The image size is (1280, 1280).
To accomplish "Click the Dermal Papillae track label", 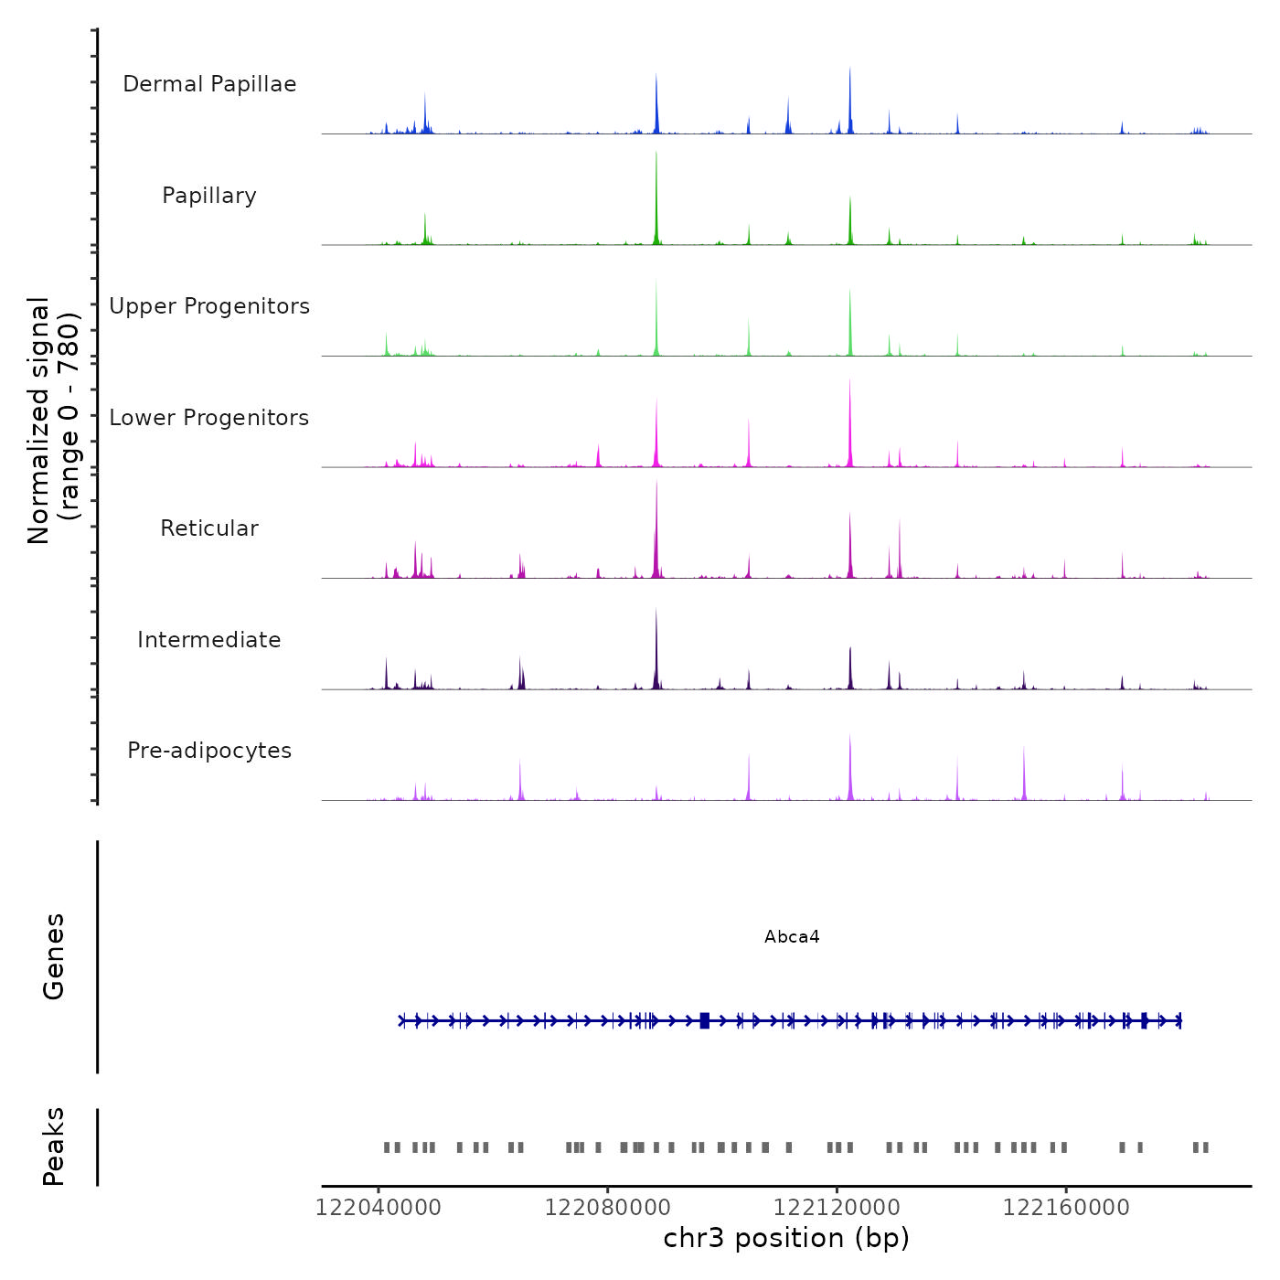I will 209,84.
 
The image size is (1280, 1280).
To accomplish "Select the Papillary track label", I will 209,196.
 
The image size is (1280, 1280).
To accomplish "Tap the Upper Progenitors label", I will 209,306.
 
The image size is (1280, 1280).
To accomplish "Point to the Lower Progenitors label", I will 209,418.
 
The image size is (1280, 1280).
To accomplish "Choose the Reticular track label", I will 209,528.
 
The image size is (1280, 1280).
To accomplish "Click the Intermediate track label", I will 209,640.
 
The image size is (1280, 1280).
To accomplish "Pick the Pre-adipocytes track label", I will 209,751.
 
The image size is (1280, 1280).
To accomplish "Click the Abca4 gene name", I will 792,937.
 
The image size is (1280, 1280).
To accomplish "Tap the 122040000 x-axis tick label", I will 379,1208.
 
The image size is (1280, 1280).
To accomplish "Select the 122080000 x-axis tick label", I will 607,1208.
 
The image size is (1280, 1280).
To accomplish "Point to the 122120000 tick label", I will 837,1208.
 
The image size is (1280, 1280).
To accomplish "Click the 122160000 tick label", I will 1066,1208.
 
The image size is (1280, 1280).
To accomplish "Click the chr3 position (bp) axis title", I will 786,1238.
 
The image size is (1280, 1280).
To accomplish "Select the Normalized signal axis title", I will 53,420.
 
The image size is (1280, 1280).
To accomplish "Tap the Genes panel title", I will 54,956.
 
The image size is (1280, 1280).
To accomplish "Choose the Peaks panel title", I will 54,1147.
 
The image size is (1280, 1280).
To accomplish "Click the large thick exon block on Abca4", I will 704,1020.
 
